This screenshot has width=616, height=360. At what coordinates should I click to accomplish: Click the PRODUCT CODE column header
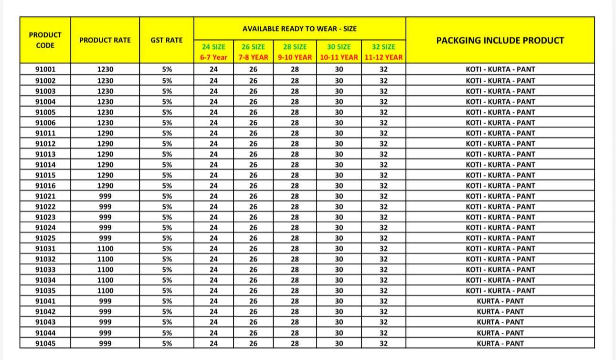[x=45, y=40]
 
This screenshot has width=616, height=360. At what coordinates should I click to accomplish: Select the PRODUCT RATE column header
[x=105, y=40]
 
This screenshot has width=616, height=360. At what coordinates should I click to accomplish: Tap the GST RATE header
[x=167, y=40]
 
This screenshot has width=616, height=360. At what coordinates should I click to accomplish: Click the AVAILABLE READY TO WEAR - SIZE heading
[x=299, y=29]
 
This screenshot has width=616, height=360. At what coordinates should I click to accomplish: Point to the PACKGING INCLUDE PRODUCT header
[x=500, y=40]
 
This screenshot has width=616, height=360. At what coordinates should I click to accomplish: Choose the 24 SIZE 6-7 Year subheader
[x=213, y=52]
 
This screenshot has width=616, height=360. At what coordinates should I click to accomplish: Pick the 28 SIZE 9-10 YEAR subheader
[x=295, y=52]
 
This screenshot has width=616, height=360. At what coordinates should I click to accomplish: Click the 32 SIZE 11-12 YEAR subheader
[x=383, y=52]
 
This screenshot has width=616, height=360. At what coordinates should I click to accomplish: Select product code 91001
[x=45, y=69]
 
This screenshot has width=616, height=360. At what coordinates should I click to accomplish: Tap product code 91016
[x=45, y=186]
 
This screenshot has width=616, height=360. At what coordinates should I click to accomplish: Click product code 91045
[x=45, y=343]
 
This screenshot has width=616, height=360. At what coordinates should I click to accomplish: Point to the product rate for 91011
[x=105, y=133]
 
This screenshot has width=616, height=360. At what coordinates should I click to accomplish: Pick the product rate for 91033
[x=105, y=270]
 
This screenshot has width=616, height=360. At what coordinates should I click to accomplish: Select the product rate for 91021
[x=105, y=196]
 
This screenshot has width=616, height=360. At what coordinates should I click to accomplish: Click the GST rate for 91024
[x=167, y=228]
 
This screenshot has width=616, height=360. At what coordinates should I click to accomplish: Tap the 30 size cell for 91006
[x=339, y=123]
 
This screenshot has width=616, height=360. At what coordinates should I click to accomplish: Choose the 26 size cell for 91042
[x=253, y=312]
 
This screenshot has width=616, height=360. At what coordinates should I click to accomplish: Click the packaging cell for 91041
[x=500, y=301]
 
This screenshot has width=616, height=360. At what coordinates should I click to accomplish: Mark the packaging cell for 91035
[x=500, y=291]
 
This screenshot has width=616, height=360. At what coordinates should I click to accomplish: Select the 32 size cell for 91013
[x=383, y=154]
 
